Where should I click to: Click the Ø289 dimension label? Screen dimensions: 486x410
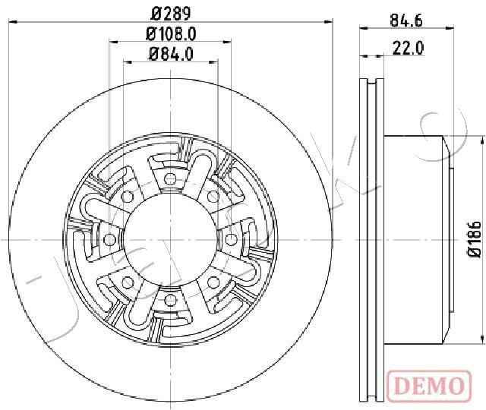tap(171, 14)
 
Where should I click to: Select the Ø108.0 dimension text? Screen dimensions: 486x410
tap(171, 33)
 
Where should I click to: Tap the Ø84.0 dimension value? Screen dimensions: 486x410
tap(171, 54)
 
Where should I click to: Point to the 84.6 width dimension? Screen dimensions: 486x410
tap(406, 20)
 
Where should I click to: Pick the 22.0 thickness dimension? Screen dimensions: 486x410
tap(408, 48)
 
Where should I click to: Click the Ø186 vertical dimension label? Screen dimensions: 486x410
tap(474, 239)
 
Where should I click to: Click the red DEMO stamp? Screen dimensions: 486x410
tap(429, 386)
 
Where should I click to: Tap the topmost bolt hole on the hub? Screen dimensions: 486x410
tap(170, 178)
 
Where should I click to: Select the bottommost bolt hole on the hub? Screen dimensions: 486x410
tap(170, 300)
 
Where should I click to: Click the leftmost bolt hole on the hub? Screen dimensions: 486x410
tap(109, 239)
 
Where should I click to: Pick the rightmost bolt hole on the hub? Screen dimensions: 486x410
tap(230, 239)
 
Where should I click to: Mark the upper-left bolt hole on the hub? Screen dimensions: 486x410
tap(127, 197)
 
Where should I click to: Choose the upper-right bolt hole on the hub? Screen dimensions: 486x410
tap(213, 197)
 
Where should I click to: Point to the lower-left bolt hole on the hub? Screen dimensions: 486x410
tap(127, 282)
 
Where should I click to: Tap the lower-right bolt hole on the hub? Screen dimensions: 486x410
tap(213, 282)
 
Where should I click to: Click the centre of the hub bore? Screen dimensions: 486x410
tap(170, 239)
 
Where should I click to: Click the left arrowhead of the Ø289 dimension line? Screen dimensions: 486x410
tap(12, 22)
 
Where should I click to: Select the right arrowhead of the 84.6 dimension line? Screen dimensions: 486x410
tap(450, 29)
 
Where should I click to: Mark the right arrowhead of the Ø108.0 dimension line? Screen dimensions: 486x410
tap(228, 42)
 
